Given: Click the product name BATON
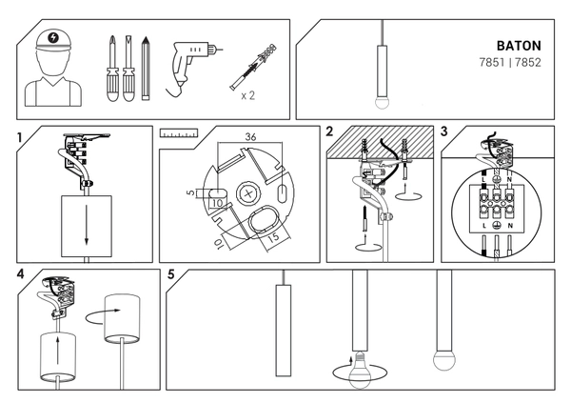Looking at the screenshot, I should pos(520,46).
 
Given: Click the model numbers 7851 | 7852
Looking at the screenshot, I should pos(512,63).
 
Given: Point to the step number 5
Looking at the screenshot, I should pos(171,275).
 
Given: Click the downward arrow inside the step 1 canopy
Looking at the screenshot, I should pos(86,226).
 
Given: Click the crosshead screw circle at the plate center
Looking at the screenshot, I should pos(252,193).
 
